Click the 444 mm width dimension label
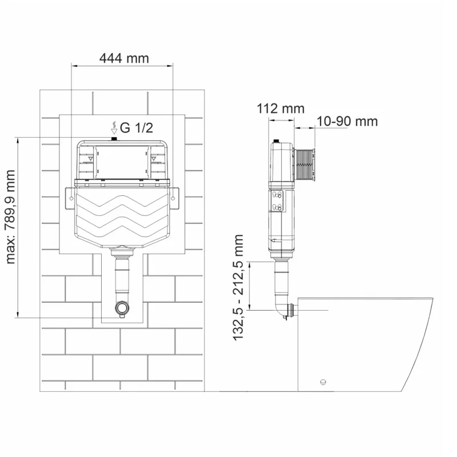tap(123, 58)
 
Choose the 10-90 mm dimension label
tap(347, 121)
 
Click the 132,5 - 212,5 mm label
tap(239, 287)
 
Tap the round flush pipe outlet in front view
tap(121, 308)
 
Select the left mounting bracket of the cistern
tap(70, 196)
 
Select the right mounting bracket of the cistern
tap(173, 196)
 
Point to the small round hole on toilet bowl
tap(323, 382)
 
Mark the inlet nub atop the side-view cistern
tap(277, 140)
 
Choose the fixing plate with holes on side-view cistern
tap(278, 201)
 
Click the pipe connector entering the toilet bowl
tap(293, 310)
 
